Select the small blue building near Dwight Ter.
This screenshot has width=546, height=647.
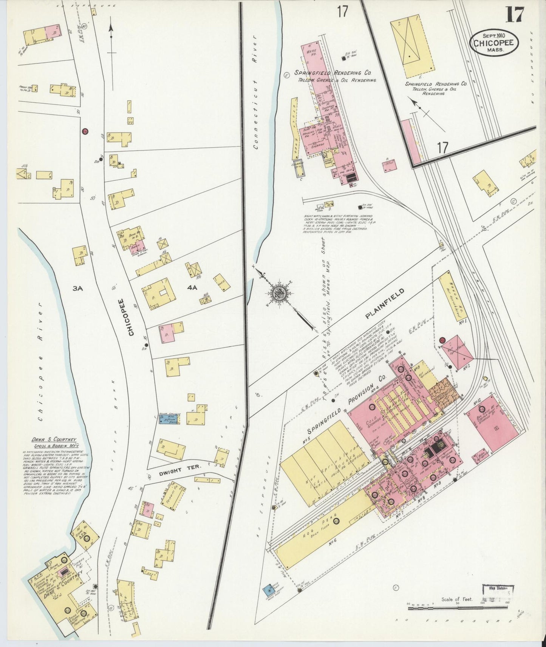coord(169,419)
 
